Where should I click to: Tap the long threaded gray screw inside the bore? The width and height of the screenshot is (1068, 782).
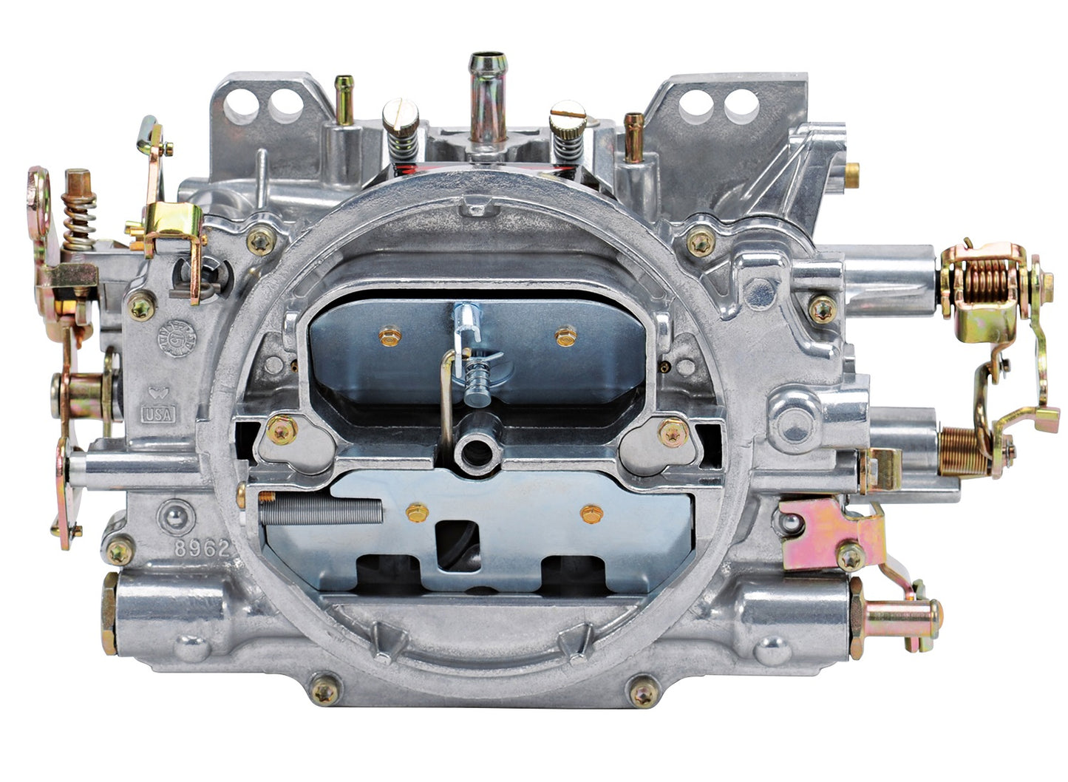(x=322, y=509)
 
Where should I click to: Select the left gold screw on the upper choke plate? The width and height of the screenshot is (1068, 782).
(x=390, y=337)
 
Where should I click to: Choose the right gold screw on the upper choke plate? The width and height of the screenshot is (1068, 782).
(x=565, y=336)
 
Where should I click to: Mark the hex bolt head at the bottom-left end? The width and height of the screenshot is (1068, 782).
(x=109, y=613)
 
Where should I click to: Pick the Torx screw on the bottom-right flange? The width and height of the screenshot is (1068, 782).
(x=642, y=693)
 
